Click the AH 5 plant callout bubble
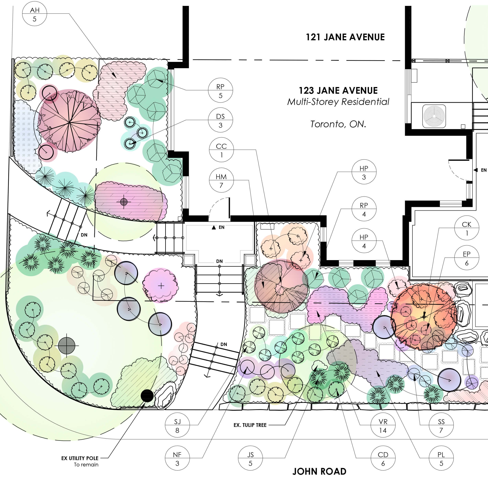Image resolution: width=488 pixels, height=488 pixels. tap(35, 14)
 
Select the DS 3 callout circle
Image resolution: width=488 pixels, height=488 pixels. tap(220, 121)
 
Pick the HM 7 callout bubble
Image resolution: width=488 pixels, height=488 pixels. tap(221, 181)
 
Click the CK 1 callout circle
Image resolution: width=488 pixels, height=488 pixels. tap(467, 229)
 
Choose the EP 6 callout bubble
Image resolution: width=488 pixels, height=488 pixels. tap(467, 258)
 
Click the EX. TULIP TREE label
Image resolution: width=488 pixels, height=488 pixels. tap(250, 425)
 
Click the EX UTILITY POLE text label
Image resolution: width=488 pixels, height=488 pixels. tap(80, 458)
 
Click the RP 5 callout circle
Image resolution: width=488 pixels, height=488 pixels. tap(220, 91)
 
